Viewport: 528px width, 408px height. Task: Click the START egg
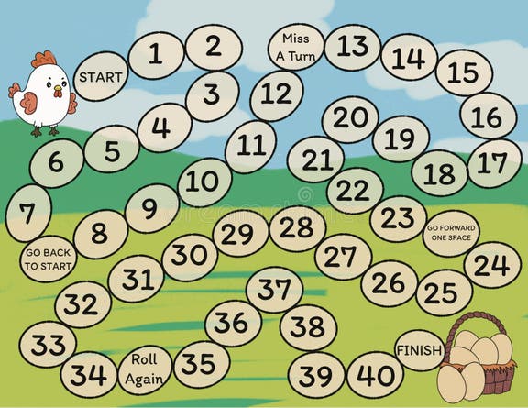coord(100,77)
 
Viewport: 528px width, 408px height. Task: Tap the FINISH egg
coord(419,349)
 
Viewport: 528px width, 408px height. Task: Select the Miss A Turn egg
coord(295,47)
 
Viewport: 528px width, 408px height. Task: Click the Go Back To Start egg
coord(47,259)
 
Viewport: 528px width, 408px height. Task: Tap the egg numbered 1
coord(155,53)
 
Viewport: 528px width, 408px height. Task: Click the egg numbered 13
coord(352,45)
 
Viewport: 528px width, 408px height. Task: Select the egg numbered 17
coord(493,163)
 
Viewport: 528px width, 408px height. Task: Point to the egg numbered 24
coord(491,265)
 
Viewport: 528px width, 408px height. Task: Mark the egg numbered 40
coord(376,374)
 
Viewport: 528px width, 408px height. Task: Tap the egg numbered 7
coord(28,215)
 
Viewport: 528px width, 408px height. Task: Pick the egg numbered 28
coord(297,226)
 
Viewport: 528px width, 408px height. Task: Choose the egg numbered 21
coord(316,160)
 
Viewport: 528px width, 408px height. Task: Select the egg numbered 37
coord(274,289)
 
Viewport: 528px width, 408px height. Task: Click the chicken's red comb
coord(43,61)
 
